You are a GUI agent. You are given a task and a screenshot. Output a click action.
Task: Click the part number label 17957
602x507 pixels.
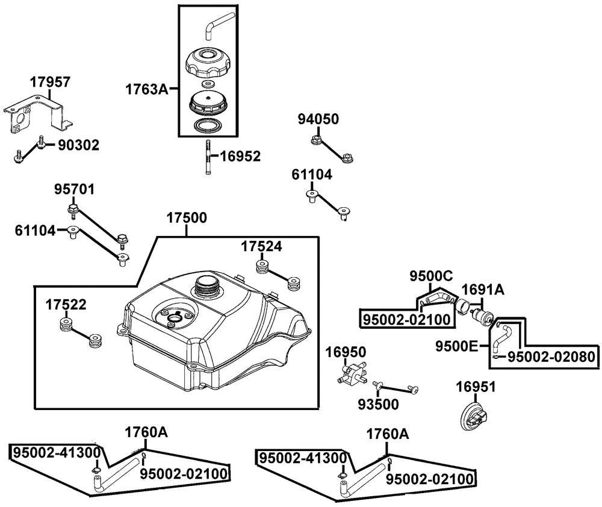coord(51,82)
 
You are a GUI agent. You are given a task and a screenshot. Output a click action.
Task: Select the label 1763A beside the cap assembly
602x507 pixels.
coord(147,89)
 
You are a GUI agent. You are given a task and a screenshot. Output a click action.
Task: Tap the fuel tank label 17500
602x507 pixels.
coord(187,218)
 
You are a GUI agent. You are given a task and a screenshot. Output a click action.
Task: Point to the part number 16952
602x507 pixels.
coord(240,156)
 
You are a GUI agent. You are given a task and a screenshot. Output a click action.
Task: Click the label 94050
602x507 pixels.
coord(318,119)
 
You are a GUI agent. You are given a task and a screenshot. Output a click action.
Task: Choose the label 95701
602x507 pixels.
coord(74,189)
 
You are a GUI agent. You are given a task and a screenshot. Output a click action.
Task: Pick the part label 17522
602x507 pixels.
coord(66,305)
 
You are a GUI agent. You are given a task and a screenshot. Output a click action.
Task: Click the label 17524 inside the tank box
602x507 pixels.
coord(261,246)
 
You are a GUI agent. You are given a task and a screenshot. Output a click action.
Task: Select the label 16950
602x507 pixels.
coord(346,352)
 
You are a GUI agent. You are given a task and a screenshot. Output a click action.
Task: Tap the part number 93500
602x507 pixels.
coord(379,404)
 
